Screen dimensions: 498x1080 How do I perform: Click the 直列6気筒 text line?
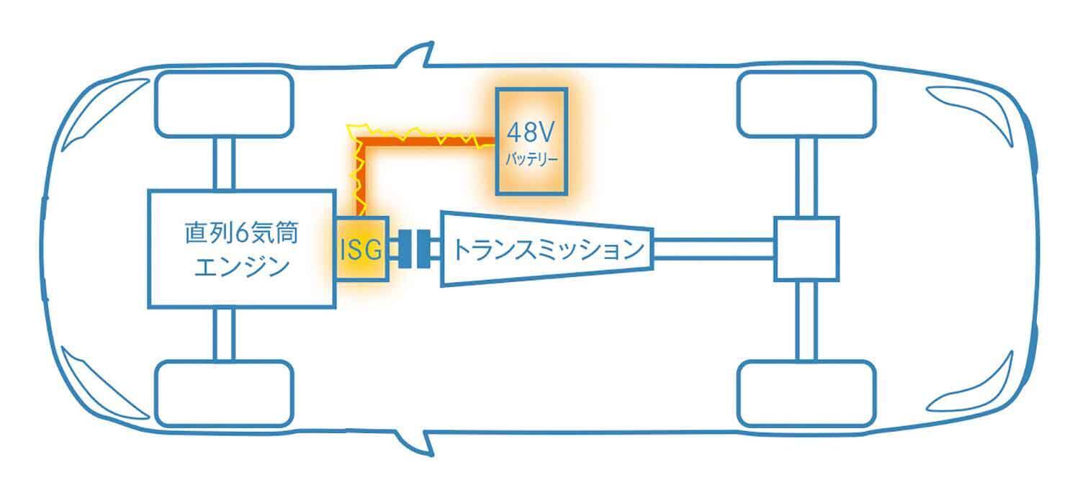click(240, 234)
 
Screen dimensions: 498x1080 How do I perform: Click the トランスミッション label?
click(547, 250)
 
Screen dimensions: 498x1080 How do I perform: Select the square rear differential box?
click(806, 249)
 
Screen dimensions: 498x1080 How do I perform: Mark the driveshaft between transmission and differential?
click(713, 249)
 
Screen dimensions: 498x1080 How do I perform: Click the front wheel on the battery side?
click(225, 105)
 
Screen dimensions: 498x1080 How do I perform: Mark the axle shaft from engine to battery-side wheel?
click(225, 164)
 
